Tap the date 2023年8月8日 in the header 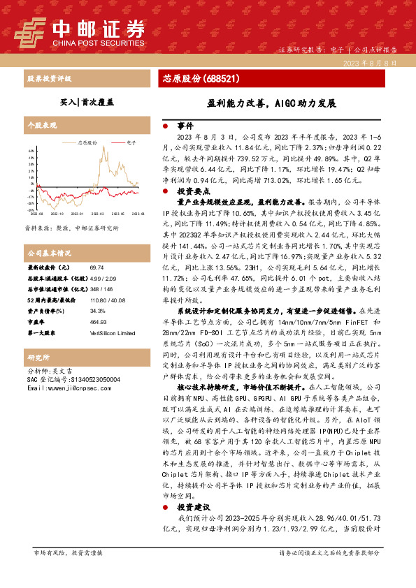pos(375,63)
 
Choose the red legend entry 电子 pos(127,142)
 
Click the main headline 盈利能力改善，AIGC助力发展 pos(271,102)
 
